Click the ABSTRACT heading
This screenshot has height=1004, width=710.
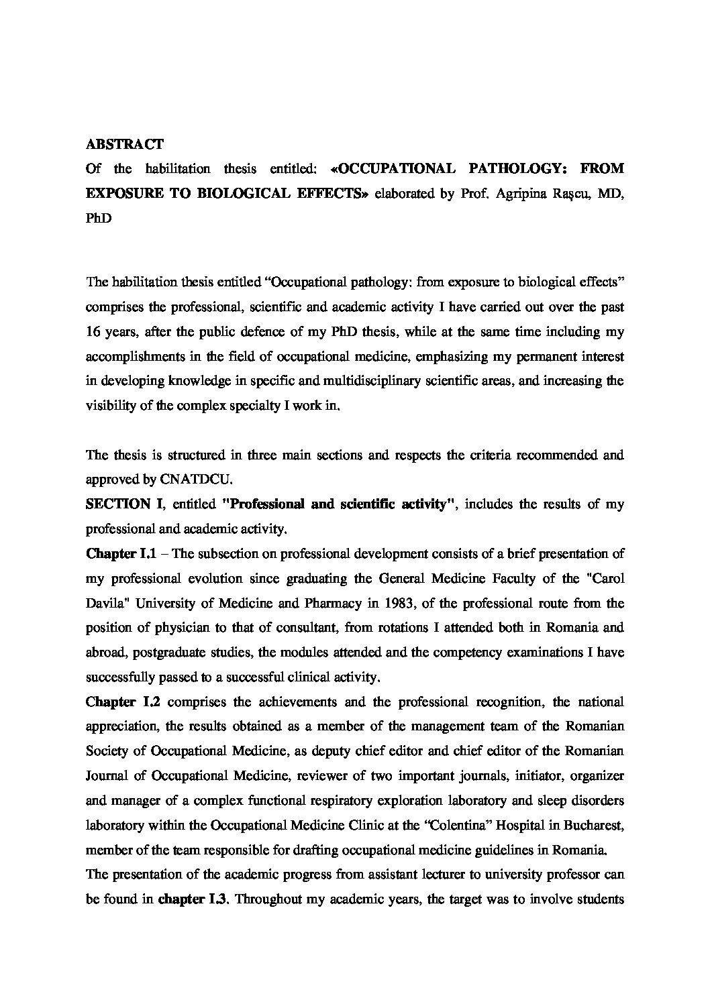tap(124, 144)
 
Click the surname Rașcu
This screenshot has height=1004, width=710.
tap(568, 194)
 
